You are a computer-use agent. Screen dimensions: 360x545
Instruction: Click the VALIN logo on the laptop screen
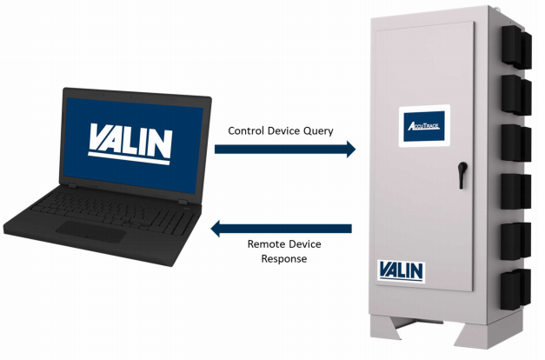pyautogui.click(x=131, y=142)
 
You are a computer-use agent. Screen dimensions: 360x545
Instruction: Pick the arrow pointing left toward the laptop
pyautogui.click(x=282, y=229)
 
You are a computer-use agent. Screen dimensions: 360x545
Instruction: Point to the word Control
pyautogui.click(x=247, y=131)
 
